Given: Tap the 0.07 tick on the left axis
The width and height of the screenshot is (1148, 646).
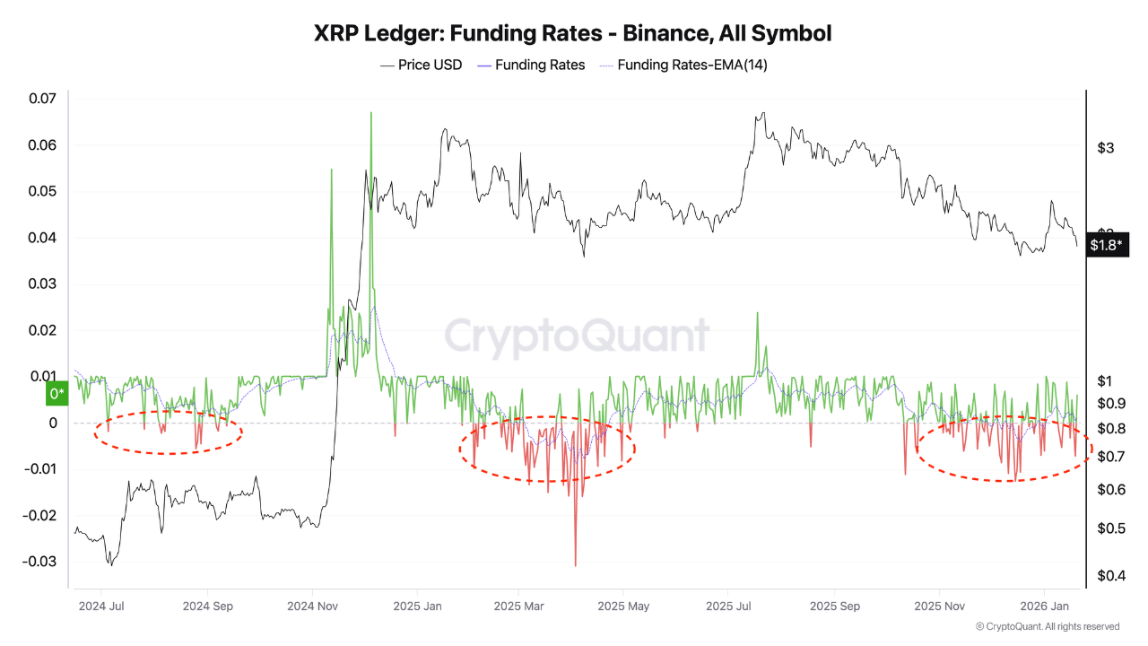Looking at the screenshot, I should [x=42, y=99].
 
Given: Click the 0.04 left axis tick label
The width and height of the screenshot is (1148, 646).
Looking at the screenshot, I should [x=42, y=238].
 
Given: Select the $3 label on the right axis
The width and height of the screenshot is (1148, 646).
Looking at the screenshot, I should [x=1106, y=148].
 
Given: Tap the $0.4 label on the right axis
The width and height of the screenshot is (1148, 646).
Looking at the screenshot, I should [x=1111, y=575].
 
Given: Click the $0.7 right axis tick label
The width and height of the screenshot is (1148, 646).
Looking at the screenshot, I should [x=1111, y=457].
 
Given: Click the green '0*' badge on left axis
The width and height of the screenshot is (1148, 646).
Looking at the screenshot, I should [x=57, y=393].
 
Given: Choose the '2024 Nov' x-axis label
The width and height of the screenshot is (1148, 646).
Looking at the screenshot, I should [x=313, y=606].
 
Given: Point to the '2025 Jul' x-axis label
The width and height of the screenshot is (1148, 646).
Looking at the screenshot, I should [x=729, y=606].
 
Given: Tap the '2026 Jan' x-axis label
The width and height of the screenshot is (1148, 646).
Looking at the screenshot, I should [x=1041, y=606].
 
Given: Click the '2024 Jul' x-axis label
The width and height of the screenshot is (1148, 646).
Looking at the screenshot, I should [x=101, y=606].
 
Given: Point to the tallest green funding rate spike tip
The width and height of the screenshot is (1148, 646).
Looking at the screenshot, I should [x=370, y=114].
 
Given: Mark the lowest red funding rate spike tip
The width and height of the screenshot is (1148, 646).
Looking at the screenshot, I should [x=575, y=565].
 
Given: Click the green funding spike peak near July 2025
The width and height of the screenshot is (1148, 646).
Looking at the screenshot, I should [x=758, y=313].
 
